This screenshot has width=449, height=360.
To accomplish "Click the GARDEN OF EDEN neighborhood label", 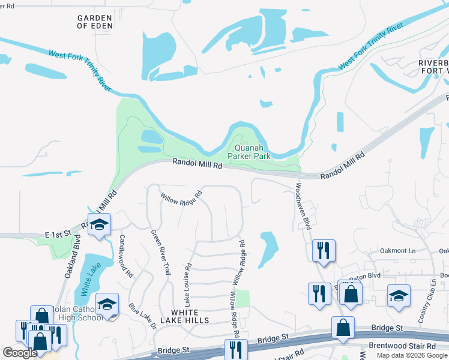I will (95, 22).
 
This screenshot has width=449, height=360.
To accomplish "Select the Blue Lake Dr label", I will (142, 316).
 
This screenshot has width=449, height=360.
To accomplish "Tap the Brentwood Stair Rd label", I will (403, 347).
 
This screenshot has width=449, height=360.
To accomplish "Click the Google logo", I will (20, 352).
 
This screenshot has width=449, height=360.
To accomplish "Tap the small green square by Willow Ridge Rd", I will (242, 298).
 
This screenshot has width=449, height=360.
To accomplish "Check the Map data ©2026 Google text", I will (412, 355).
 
